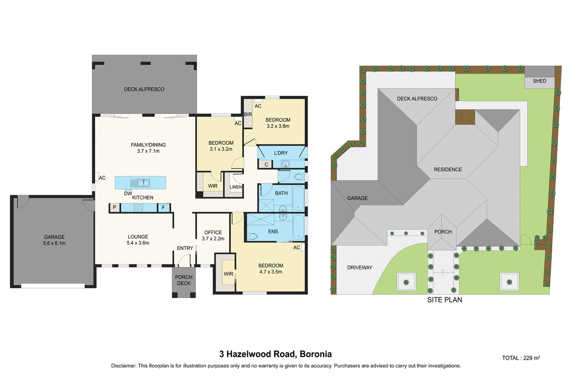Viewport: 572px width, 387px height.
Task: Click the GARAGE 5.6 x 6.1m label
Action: (x=55, y=240)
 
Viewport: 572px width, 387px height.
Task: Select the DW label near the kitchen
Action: (x=128, y=193)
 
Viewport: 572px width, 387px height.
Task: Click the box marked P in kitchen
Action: (x=114, y=207)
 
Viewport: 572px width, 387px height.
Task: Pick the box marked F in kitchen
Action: (x=164, y=207)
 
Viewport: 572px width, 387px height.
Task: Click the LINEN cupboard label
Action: (x=236, y=187)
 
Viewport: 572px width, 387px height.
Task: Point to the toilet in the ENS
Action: (x=253, y=236)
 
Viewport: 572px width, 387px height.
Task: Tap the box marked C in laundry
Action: (x=266, y=165)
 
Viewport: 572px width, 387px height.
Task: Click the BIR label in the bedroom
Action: (x=248, y=114)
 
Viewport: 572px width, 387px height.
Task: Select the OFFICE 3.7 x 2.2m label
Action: (x=213, y=235)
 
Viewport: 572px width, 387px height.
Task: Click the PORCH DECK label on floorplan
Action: (x=184, y=280)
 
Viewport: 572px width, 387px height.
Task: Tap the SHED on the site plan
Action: (x=539, y=81)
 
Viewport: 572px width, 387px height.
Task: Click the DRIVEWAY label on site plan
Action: (x=360, y=268)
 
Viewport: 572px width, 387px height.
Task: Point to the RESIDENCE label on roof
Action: (x=448, y=169)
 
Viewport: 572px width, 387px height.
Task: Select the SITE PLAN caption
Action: (x=445, y=300)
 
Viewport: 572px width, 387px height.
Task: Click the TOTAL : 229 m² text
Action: (x=521, y=358)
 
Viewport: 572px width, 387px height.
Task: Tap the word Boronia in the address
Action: (x=316, y=354)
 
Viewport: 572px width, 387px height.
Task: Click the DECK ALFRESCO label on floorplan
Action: (x=144, y=89)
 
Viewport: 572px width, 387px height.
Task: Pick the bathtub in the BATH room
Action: (x=298, y=199)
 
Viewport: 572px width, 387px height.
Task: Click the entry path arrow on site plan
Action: (x=443, y=273)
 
